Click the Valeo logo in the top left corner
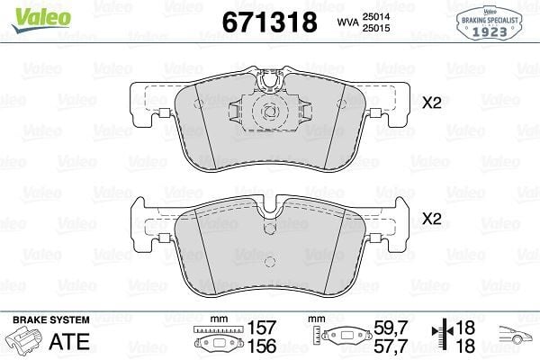coord(41,19)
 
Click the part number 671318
coord(270,22)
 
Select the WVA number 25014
coord(375,16)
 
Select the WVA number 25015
coord(375,28)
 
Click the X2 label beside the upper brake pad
coord(432,103)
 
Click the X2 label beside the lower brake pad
coord(432,219)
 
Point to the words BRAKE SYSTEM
coord(51,319)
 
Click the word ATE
coord(69,341)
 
